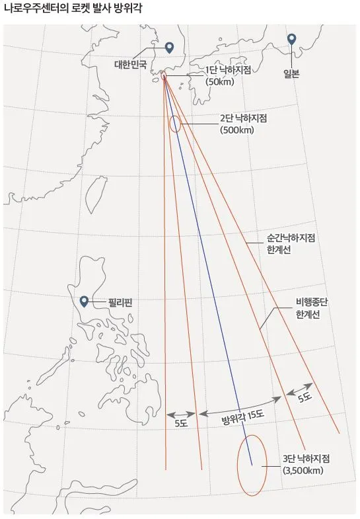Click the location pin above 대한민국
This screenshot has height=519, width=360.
169,48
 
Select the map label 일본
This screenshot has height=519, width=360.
291,74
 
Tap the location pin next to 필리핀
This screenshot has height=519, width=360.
84,302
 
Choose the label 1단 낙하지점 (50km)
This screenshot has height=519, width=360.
229,75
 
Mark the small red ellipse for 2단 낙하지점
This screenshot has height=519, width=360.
175,124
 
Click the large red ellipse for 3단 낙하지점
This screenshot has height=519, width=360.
252,465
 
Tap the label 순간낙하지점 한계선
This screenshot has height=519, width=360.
291,243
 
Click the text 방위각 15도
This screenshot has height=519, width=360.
242,415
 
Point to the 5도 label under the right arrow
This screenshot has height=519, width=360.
305,397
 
